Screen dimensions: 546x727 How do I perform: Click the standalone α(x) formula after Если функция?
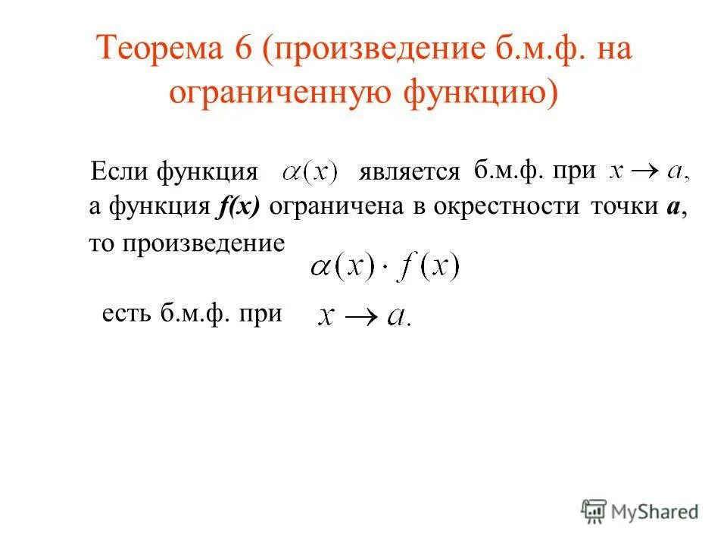[x=310, y=171]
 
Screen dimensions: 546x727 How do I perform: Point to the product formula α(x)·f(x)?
[x=384, y=268]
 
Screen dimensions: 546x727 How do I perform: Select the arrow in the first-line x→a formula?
[x=646, y=172]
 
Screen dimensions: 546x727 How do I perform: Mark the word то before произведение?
[x=100, y=243]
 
